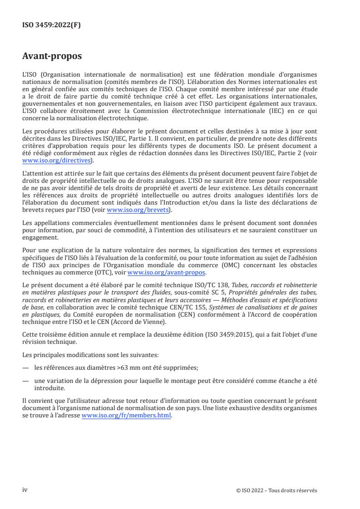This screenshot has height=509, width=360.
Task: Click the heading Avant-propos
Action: [x=52, y=57]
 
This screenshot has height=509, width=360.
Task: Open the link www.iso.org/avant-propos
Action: [x=167, y=273]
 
